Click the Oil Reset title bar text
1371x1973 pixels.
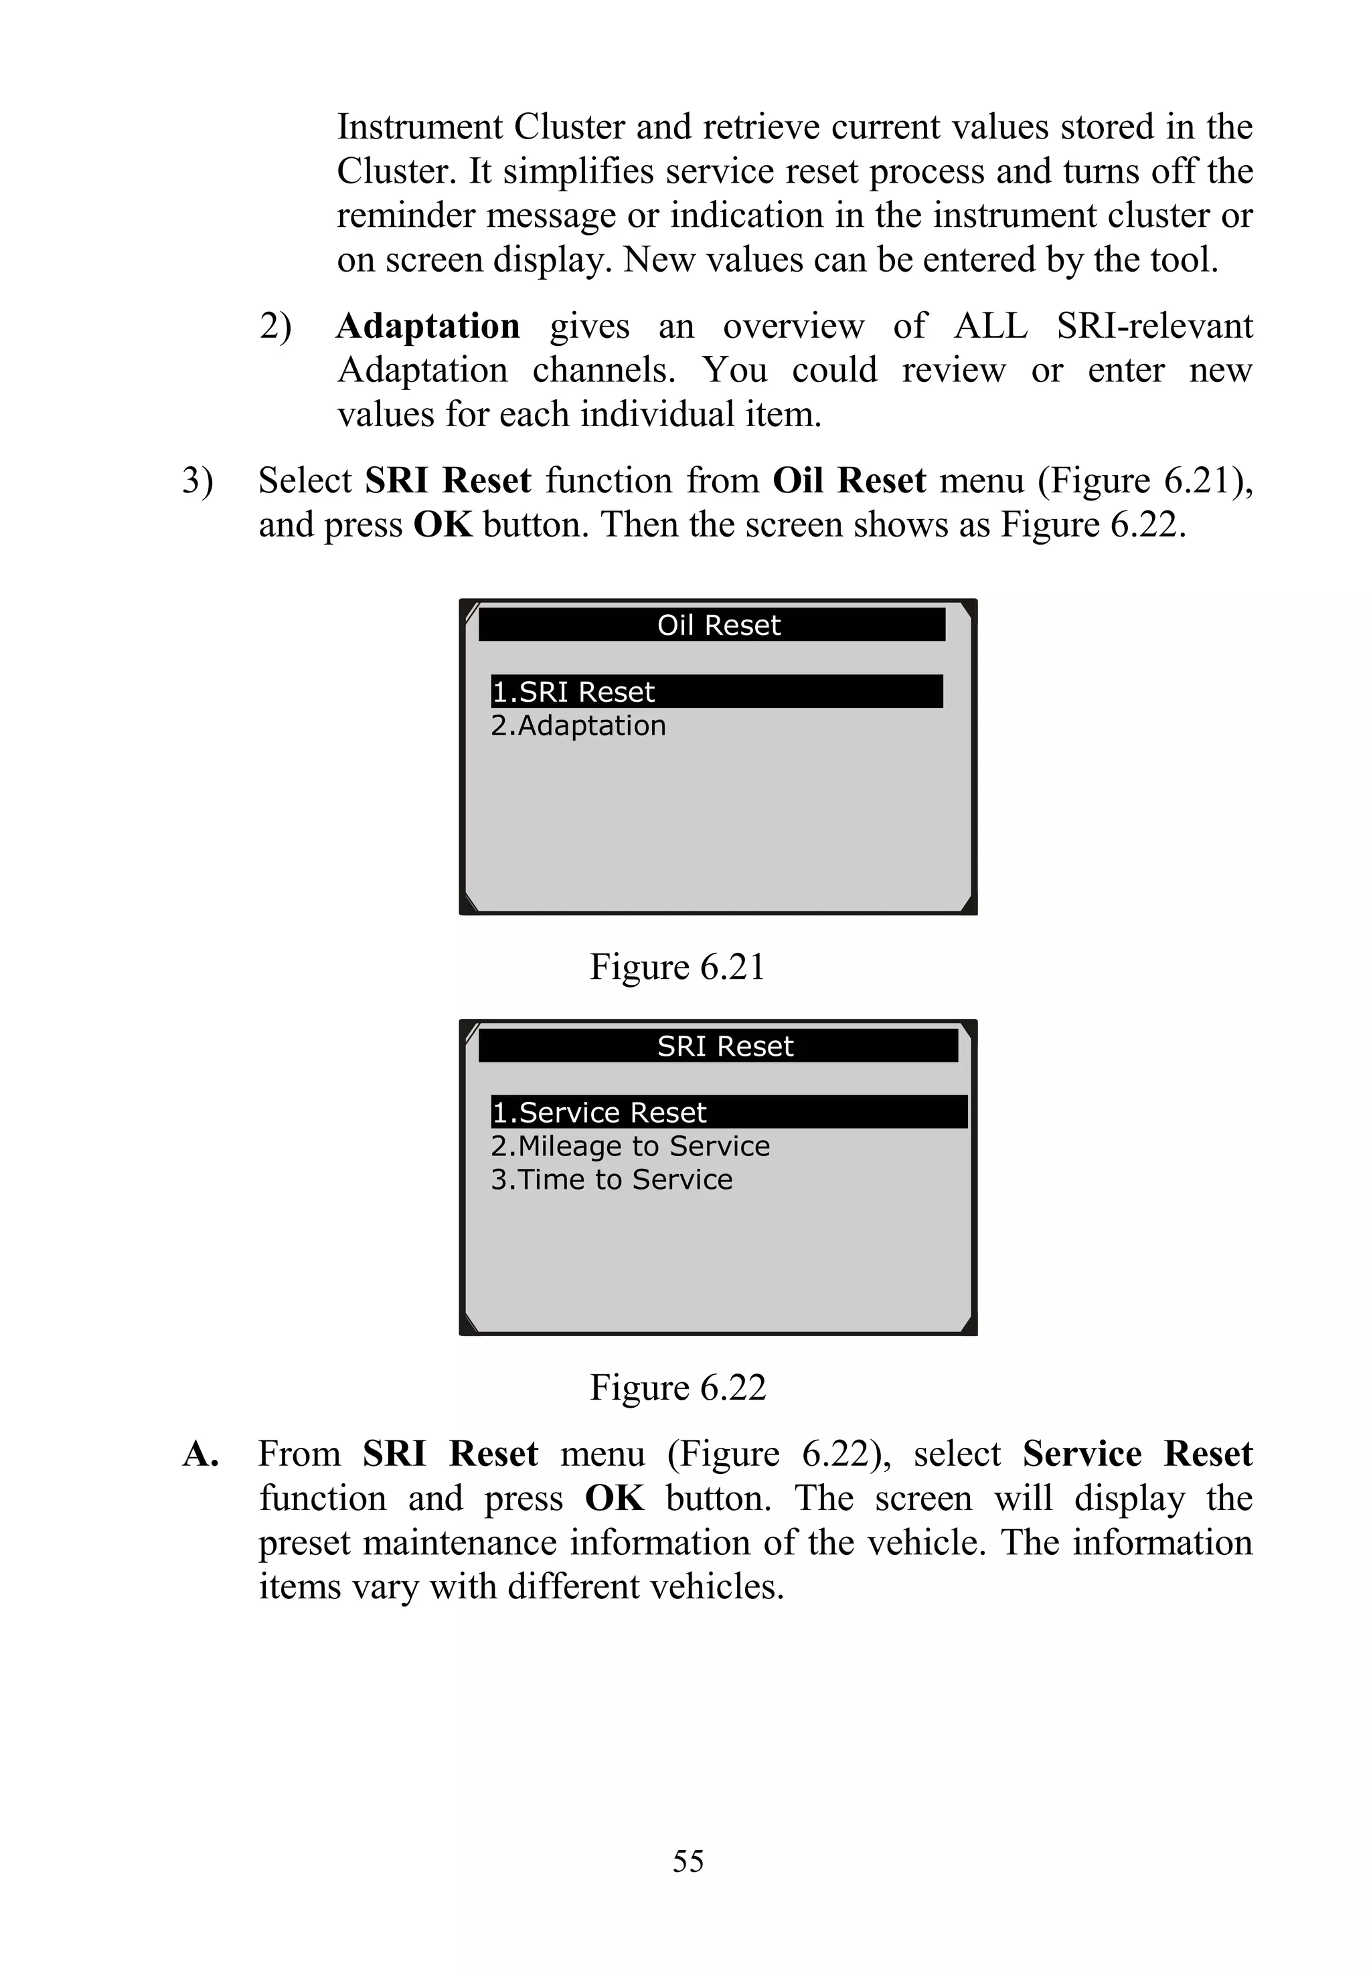click(x=718, y=625)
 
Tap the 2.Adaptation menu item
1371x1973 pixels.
click(x=578, y=725)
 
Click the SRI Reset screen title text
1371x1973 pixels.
click(x=725, y=1046)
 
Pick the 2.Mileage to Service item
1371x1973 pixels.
click(x=630, y=1146)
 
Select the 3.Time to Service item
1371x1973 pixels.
click(x=612, y=1180)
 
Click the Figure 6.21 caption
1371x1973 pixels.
click(x=677, y=967)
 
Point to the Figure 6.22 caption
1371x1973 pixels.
click(x=677, y=1388)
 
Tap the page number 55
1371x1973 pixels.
click(x=688, y=1861)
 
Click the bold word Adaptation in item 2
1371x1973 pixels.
click(x=428, y=326)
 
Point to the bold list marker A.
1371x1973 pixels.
click(x=200, y=1454)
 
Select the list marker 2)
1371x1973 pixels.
click(x=276, y=326)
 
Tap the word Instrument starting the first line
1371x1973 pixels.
click(x=419, y=127)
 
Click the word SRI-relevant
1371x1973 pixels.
click(x=1153, y=326)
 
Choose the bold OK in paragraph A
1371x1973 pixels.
click(x=614, y=1499)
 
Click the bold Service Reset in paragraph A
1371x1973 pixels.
click(x=1137, y=1454)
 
